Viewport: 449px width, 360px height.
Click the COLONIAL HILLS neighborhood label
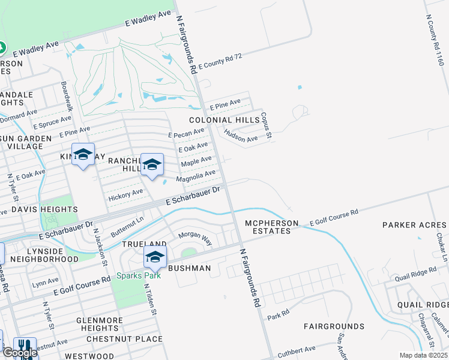(x=228, y=120)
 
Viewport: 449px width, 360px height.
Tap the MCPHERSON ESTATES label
(x=271, y=227)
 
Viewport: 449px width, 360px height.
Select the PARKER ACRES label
(x=415, y=225)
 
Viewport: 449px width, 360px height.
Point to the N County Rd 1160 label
(x=435, y=40)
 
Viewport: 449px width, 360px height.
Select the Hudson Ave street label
(x=241, y=136)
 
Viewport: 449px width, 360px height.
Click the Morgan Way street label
(x=195, y=238)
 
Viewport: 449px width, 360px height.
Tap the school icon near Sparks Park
(x=155, y=257)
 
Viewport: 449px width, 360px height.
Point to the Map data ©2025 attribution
(x=423, y=355)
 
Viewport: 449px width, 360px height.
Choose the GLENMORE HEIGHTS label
(x=100, y=325)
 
